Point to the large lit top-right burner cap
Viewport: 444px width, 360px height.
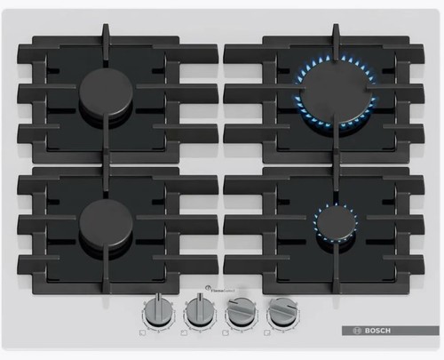tap(334, 89)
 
